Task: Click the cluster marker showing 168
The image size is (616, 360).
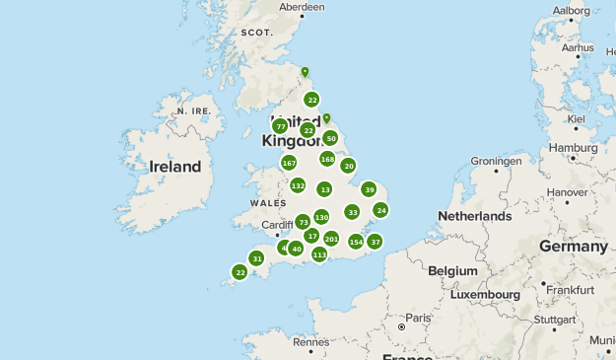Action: (x=327, y=159)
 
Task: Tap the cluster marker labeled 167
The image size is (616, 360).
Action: (x=289, y=163)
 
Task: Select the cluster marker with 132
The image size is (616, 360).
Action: (x=299, y=185)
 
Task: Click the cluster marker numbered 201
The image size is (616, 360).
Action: (x=331, y=239)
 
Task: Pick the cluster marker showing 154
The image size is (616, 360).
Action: (x=356, y=242)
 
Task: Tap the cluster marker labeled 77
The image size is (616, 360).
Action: (x=280, y=126)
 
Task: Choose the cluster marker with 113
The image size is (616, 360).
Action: (x=319, y=254)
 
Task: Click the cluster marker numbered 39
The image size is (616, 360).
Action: (x=369, y=189)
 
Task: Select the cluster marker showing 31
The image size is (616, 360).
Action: (x=256, y=258)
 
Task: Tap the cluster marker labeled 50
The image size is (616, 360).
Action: (x=330, y=139)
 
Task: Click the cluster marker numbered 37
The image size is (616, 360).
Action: (x=375, y=242)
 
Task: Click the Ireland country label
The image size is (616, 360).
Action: (x=174, y=167)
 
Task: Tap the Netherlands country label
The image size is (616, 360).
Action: (x=475, y=215)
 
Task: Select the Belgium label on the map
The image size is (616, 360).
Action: (x=452, y=269)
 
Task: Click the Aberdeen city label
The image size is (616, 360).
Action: (x=302, y=7)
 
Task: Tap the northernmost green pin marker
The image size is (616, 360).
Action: (x=305, y=72)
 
